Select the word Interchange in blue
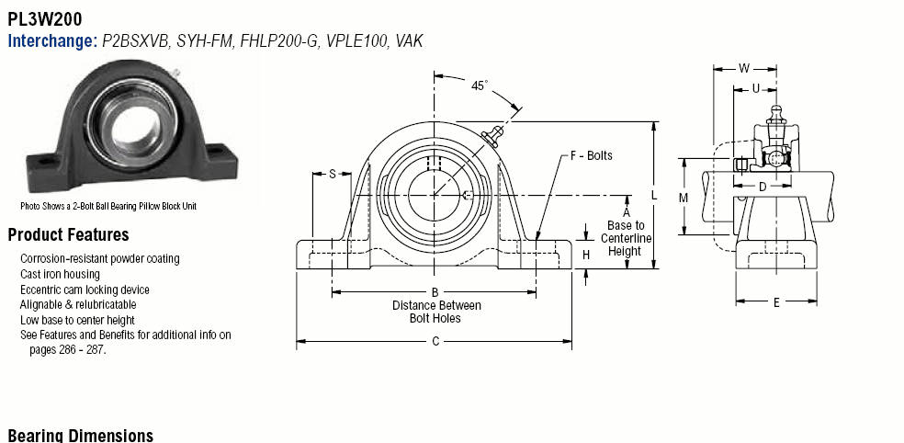point(51,40)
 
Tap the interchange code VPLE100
point(358,40)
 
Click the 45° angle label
point(480,85)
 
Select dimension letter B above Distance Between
point(435,292)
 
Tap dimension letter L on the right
point(653,195)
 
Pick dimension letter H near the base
point(586,255)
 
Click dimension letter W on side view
point(744,67)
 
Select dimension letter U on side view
point(755,89)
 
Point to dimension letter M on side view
point(683,197)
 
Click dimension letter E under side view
point(776,301)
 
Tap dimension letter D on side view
point(763,187)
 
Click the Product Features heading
point(68,234)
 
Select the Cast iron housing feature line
point(60,274)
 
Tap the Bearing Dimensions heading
point(80,435)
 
